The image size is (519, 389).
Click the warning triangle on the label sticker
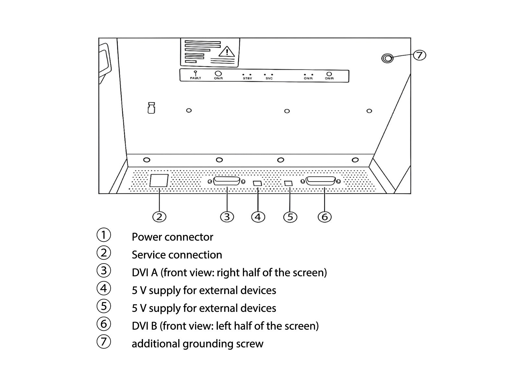[x=227, y=52]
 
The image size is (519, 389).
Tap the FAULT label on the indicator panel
[x=196, y=78]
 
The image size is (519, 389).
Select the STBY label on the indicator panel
[x=247, y=78]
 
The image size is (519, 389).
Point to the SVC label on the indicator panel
[x=269, y=78]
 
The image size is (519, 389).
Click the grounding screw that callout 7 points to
[x=387, y=58]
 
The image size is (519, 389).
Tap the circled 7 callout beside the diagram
[x=419, y=55]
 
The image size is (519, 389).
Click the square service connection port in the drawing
[x=159, y=181]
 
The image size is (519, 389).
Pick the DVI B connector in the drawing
[x=320, y=181]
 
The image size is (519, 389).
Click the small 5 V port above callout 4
[x=257, y=183]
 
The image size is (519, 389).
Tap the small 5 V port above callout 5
[x=288, y=183]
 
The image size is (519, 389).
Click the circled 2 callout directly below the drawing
[x=159, y=217]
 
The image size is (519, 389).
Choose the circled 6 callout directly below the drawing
[x=325, y=217]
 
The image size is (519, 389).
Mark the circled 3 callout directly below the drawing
[x=227, y=217]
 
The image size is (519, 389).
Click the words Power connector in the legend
[x=172, y=237]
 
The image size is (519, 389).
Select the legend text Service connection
[x=177, y=255]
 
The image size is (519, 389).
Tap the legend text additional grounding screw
[x=197, y=344]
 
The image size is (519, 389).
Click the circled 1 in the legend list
[x=103, y=235]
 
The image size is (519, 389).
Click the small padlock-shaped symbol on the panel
[x=151, y=108]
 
